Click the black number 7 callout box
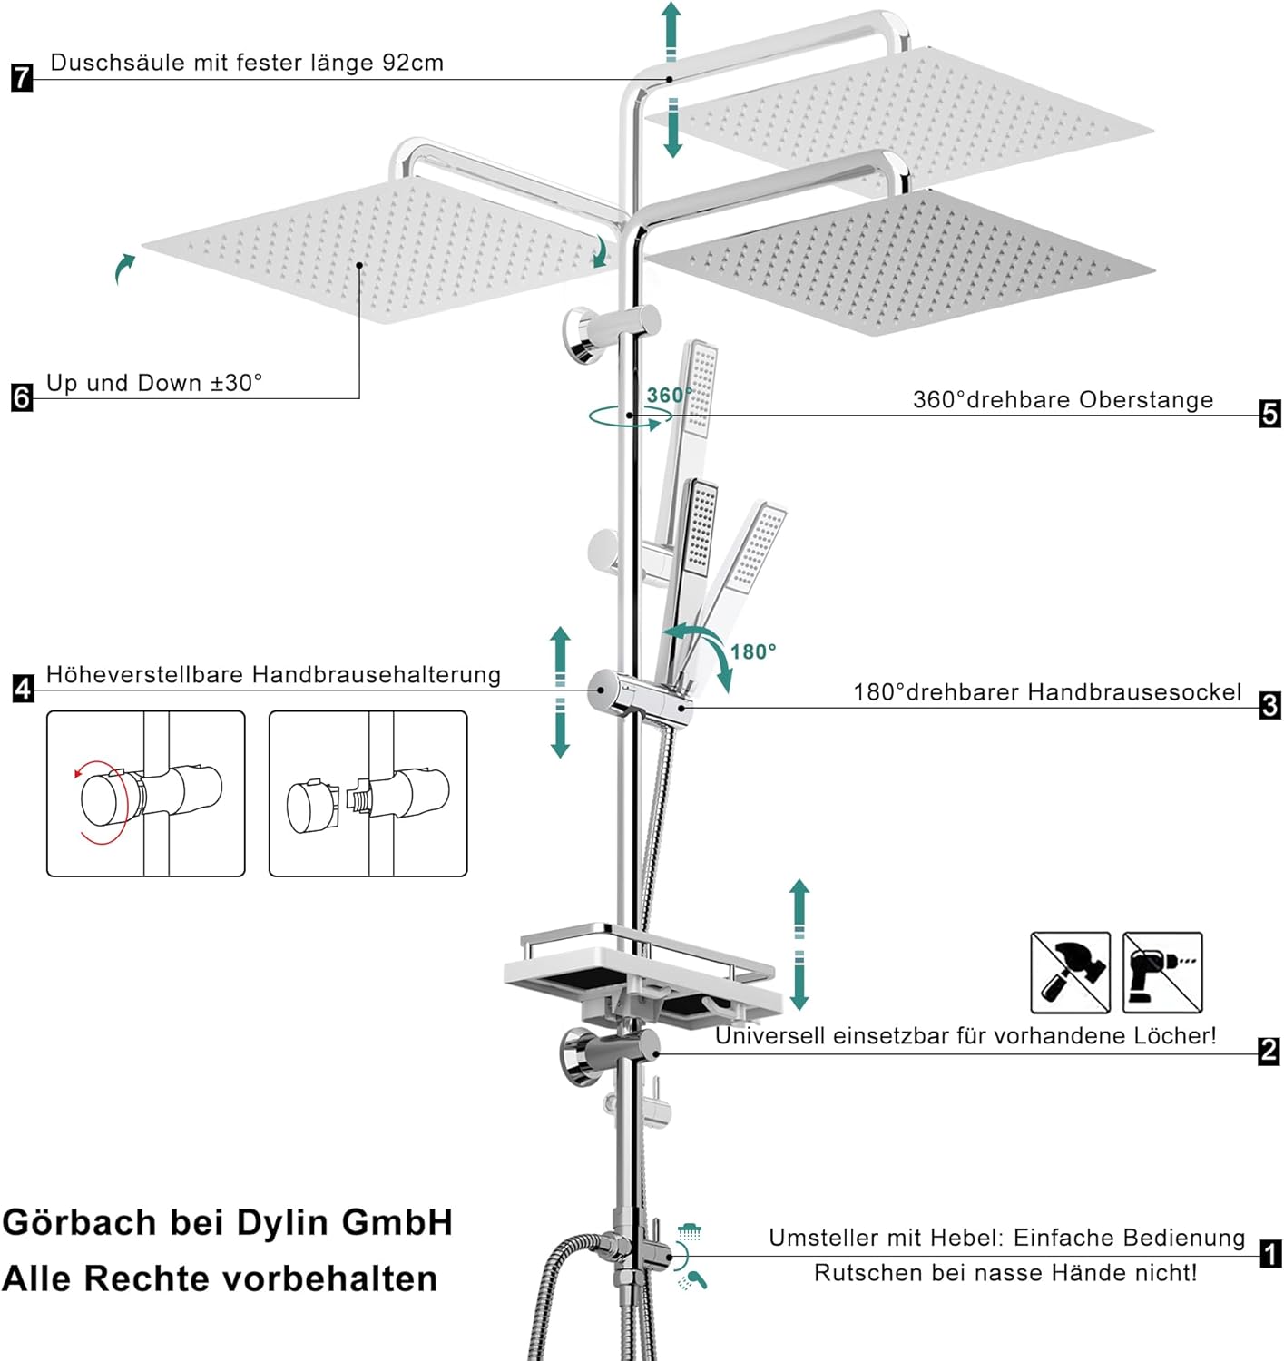pos(22,77)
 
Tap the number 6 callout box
pos(22,397)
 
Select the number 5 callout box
pos(1270,414)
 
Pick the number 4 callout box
pos(23,688)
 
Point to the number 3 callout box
pos(1270,705)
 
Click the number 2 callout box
pos(1269,1051)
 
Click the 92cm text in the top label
pos(412,63)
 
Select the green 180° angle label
pos(753,651)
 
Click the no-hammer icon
pos(1071,972)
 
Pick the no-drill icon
pos(1162,972)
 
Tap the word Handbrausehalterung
pos(376,675)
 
